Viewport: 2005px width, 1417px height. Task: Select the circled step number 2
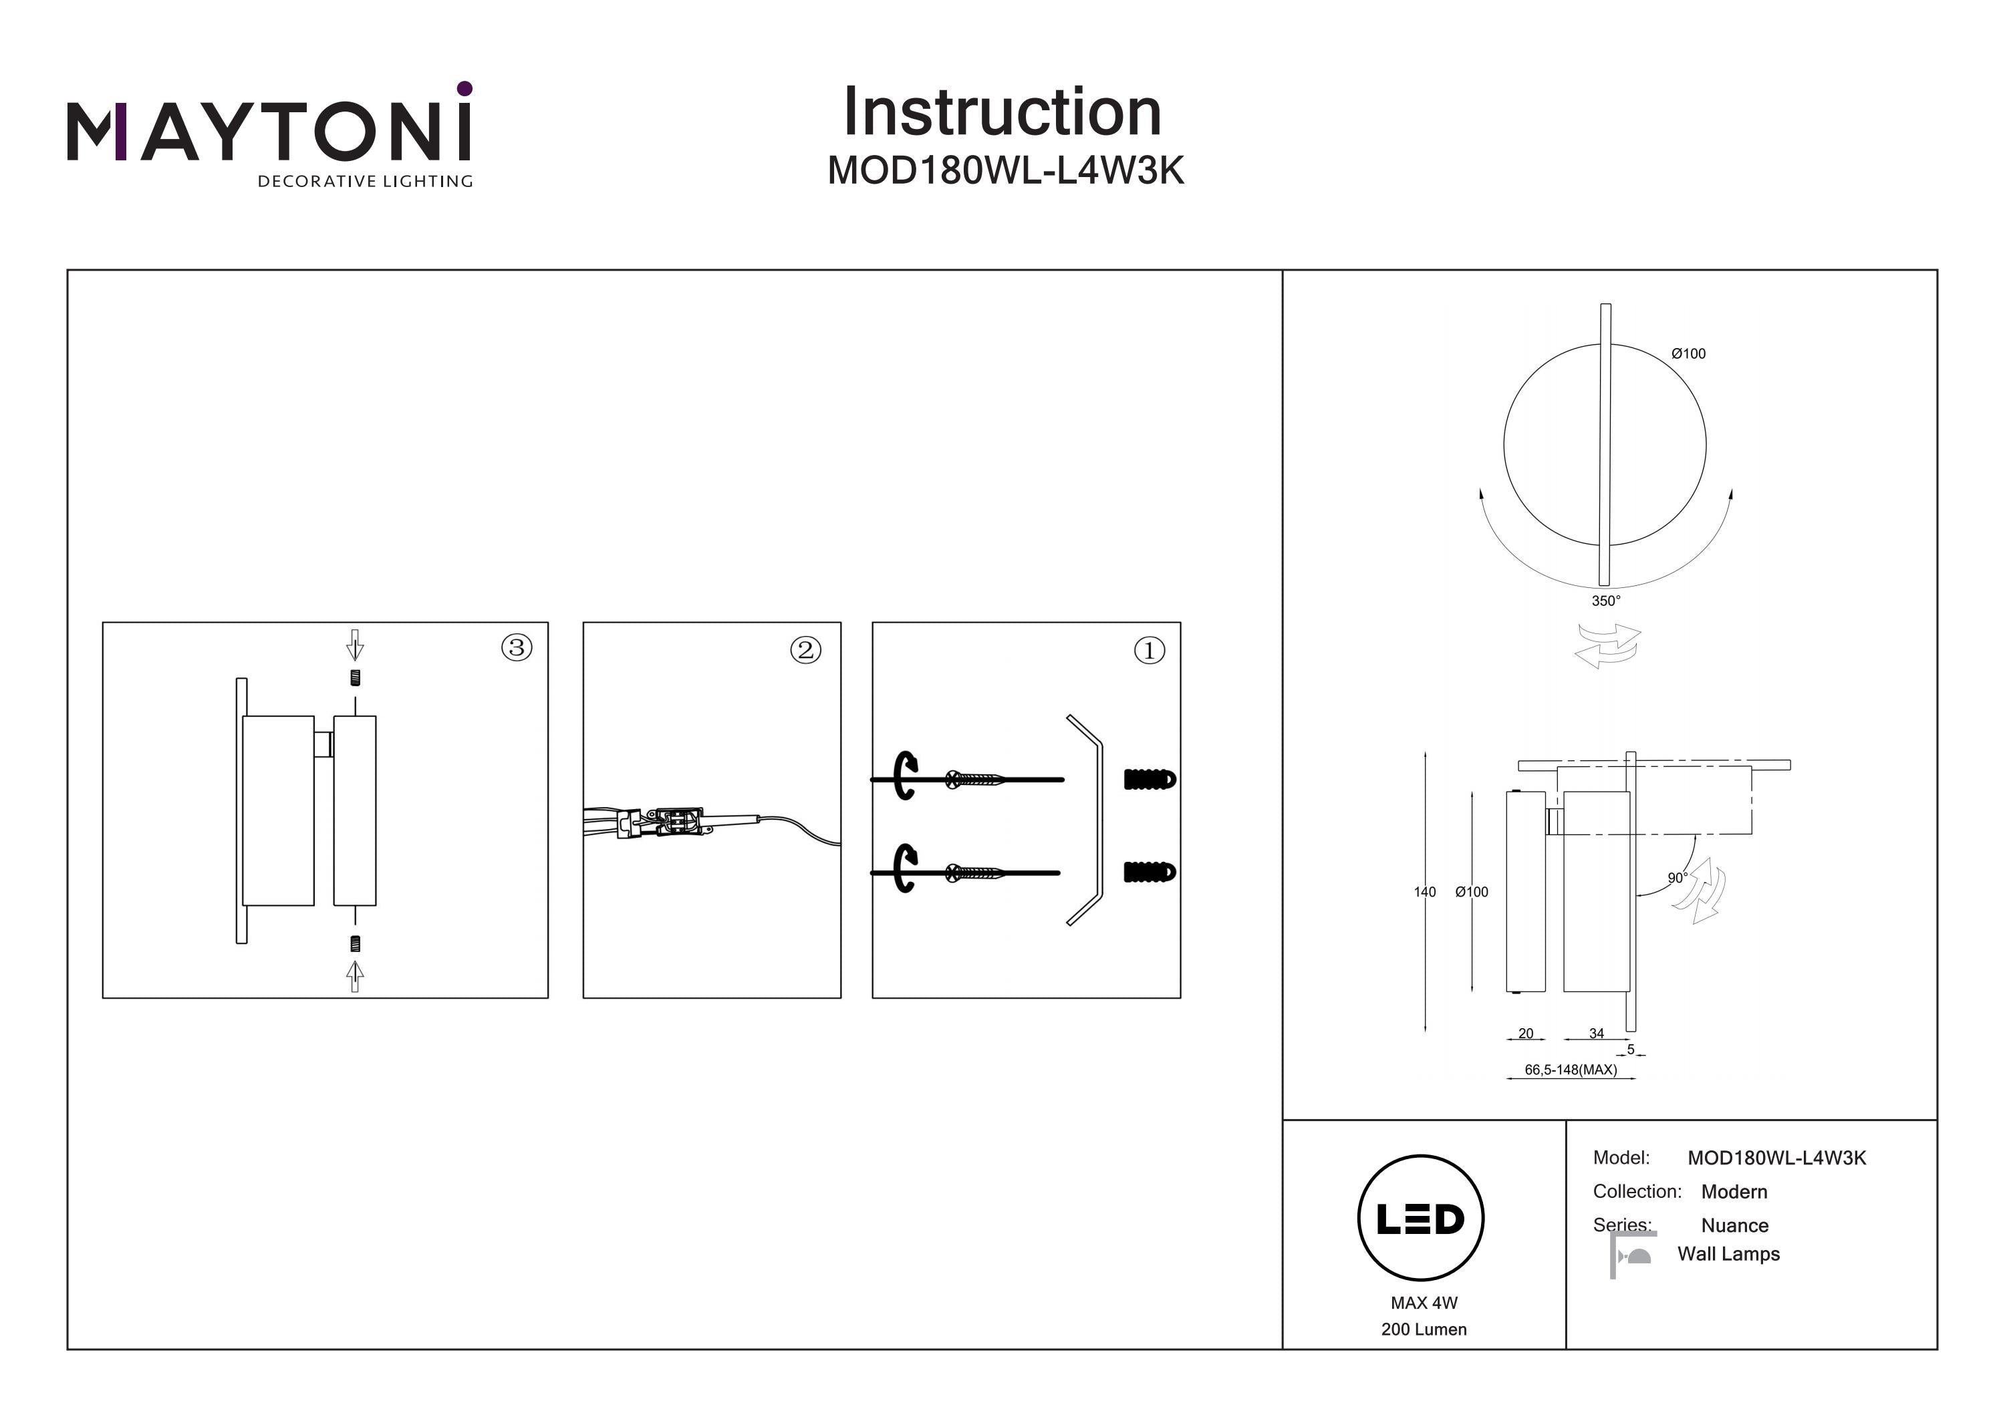[805, 649]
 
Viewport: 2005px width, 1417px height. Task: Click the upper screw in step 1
[978, 779]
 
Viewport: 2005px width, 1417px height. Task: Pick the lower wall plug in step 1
[1150, 871]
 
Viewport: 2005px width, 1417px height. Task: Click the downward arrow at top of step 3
[354, 645]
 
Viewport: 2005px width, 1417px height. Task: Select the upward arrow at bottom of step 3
[354, 975]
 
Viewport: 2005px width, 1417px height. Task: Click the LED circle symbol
[1420, 1219]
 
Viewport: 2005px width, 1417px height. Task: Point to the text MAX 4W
[1424, 1303]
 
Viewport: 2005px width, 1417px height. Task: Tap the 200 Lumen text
[1424, 1329]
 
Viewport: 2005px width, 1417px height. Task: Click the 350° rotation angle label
[1605, 601]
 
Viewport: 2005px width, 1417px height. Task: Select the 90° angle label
[1677, 877]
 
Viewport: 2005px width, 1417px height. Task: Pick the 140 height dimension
[1424, 891]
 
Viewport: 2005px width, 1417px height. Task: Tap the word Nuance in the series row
[1734, 1226]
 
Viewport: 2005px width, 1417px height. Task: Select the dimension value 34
[1597, 1033]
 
